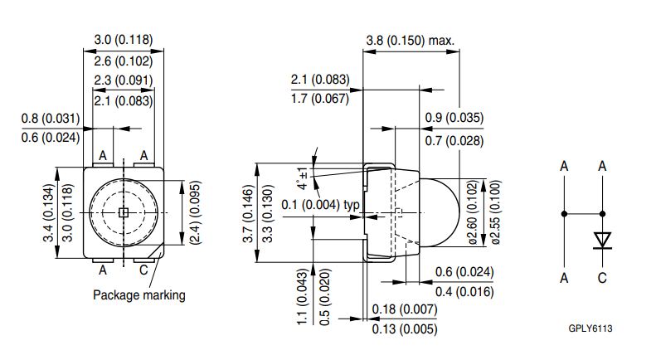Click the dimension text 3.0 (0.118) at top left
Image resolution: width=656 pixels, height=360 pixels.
tap(123, 40)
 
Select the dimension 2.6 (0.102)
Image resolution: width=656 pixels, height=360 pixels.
tap(123, 61)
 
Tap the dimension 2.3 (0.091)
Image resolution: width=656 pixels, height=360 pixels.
tap(123, 80)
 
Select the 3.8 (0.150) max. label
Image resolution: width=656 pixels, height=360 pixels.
tap(411, 40)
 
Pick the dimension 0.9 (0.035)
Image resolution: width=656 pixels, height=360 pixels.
tap(454, 118)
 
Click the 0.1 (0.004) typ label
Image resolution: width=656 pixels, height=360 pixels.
tap(320, 205)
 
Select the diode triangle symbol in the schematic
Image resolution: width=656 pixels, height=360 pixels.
tap(603, 241)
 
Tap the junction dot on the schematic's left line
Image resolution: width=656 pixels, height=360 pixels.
tap(565, 213)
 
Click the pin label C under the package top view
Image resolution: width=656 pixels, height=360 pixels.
tap(143, 270)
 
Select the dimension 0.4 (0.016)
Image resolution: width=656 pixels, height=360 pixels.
tap(464, 291)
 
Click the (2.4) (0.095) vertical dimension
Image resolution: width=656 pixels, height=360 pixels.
tap(195, 212)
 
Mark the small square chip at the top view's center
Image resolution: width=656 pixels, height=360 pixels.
tap(122, 212)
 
